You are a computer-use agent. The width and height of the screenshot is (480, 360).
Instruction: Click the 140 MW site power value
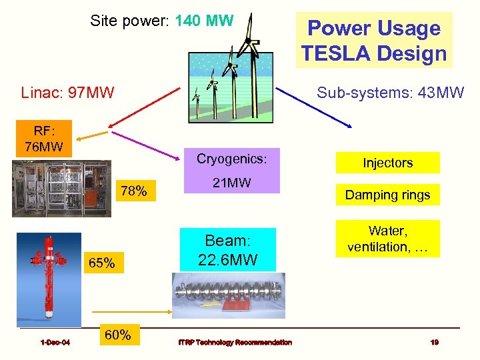(x=204, y=21)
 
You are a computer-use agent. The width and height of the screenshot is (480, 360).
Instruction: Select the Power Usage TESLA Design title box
(x=374, y=40)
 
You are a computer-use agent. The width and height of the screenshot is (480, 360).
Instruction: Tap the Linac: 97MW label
(x=67, y=91)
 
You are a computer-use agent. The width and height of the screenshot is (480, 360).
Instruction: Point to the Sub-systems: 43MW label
(x=390, y=92)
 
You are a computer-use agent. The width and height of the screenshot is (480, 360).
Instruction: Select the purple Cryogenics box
(x=231, y=171)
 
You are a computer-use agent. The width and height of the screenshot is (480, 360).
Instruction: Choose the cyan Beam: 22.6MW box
(x=227, y=250)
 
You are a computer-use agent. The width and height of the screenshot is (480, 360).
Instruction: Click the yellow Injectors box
(x=387, y=163)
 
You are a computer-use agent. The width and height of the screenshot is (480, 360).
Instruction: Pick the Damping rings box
(x=387, y=195)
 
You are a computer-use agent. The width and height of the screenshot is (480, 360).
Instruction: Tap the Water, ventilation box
(x=387, y=239)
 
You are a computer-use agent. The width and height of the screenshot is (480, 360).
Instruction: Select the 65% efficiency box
(x=102, y=263)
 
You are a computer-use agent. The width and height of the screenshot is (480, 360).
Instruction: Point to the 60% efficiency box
(x=118, y=335)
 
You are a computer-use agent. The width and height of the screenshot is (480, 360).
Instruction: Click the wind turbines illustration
(x=233, y=67)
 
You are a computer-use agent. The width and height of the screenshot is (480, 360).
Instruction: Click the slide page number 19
(x=434, y=342)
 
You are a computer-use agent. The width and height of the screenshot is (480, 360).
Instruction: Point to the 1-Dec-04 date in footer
(x=55, y=342)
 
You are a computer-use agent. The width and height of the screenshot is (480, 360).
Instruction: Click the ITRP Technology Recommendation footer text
(x=235, y=342)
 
